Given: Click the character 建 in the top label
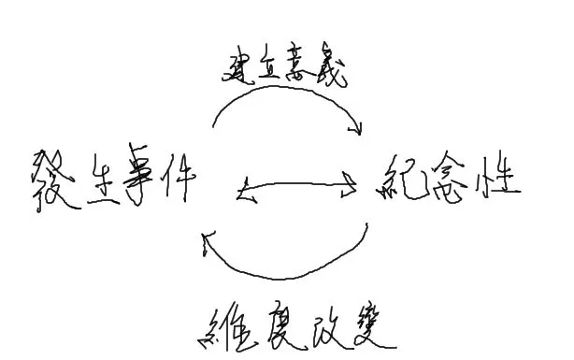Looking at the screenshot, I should click(240, 66).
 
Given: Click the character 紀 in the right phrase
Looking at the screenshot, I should click(404, 176).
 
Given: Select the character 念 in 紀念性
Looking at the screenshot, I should click(452, 176).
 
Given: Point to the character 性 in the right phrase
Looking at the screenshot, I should click(498, 176).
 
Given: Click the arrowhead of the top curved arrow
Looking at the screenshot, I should click(356, 128).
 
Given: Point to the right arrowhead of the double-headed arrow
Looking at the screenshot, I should click(350, 186).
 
